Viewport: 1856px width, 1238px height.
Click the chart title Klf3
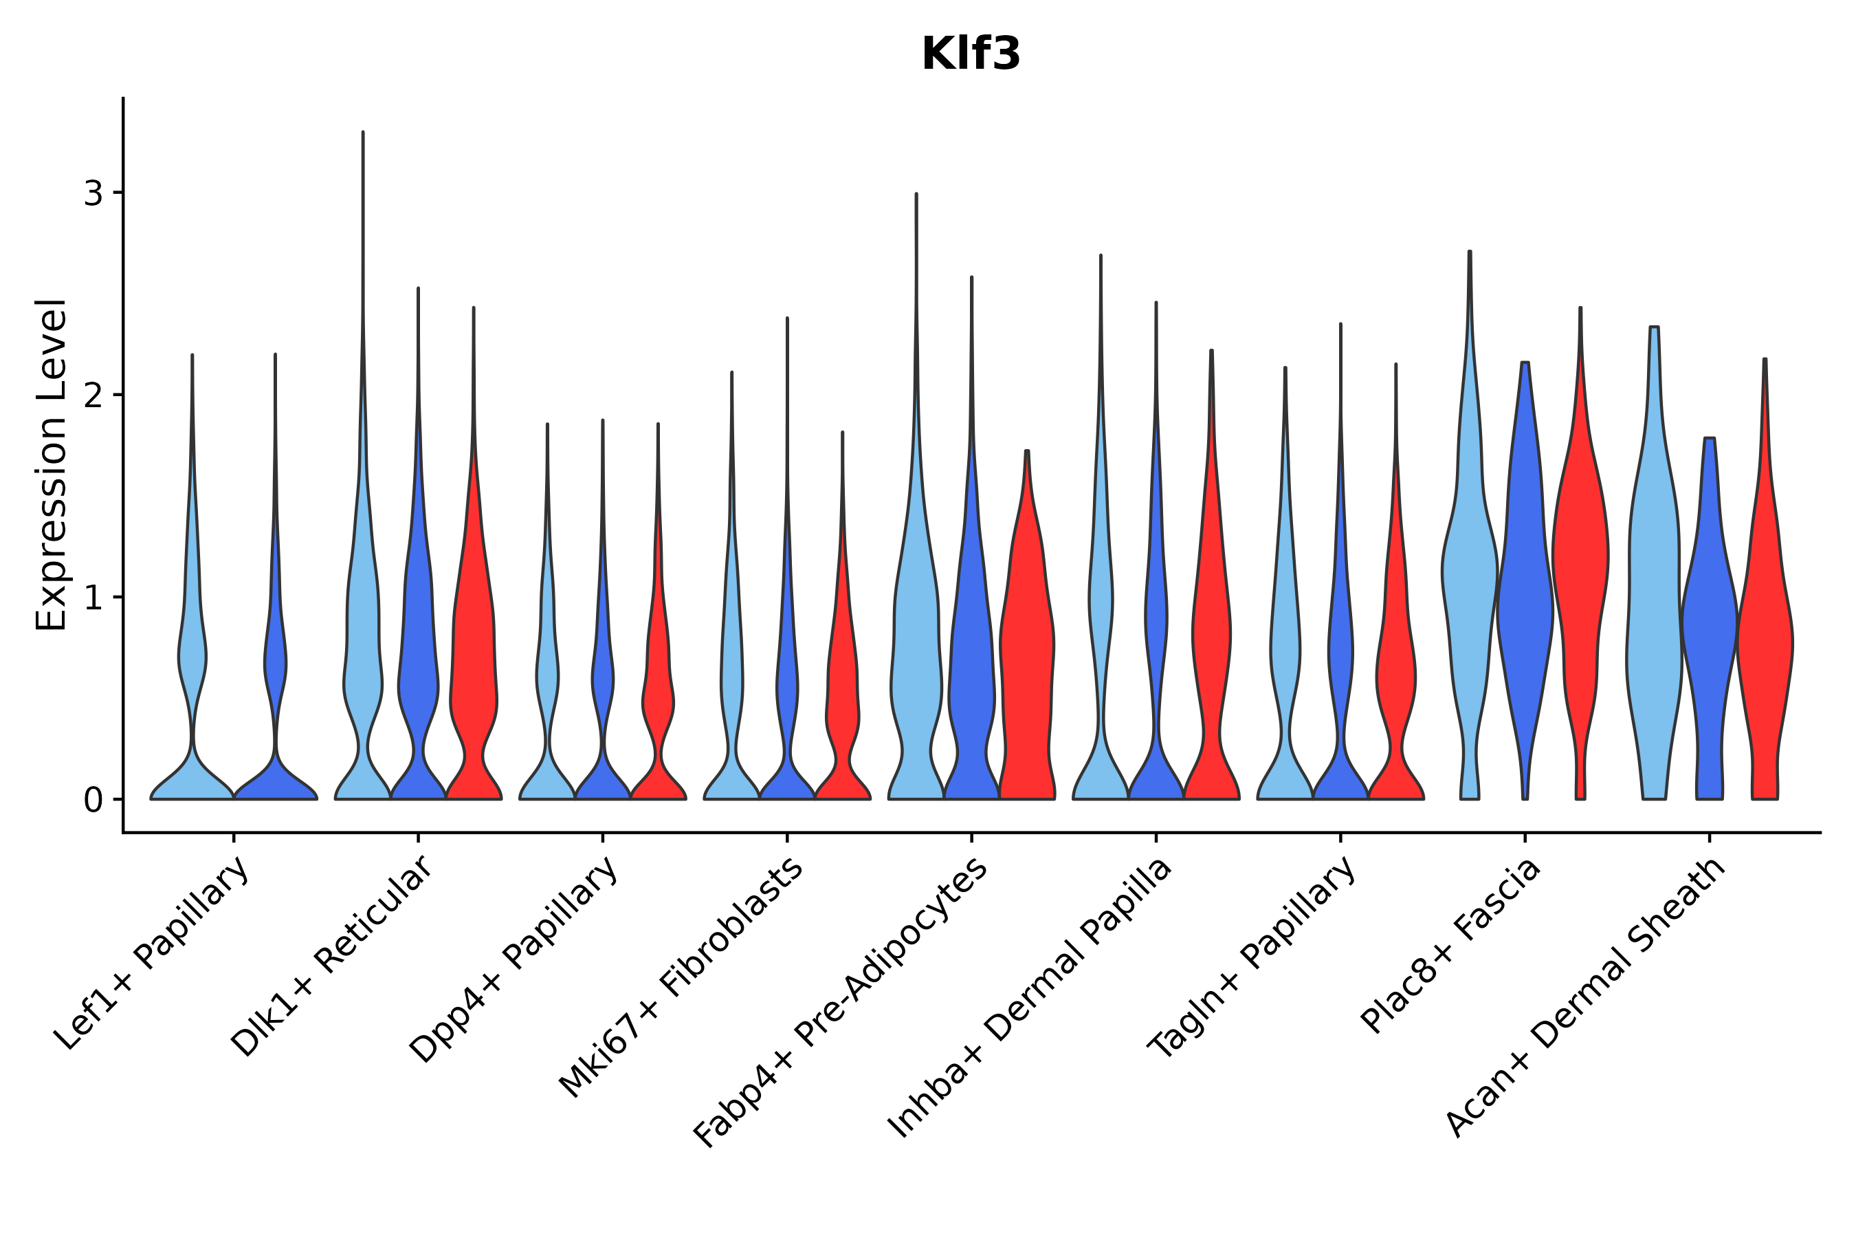[x=971, y=55]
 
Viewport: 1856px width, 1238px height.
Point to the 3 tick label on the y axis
[x=93, y=193]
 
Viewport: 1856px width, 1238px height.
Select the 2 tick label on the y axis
[x=93, y=395]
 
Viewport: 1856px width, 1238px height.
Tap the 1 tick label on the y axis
[x=93, y=598]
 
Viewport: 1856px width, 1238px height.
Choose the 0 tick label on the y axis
[x=93, y=801]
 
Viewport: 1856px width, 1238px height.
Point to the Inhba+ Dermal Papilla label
[x=1030, y=999]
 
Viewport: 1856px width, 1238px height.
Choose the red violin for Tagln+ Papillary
[x=1395, y=671]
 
